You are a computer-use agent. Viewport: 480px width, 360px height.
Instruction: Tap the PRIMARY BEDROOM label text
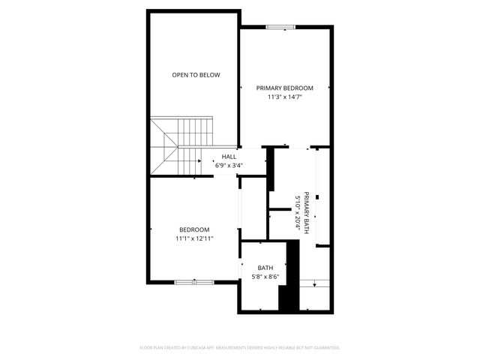(x=285, y=88)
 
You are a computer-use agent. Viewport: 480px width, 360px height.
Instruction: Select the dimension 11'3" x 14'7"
(x=285, y=97)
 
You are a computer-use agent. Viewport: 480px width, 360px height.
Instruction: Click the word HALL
(x=228, y=157)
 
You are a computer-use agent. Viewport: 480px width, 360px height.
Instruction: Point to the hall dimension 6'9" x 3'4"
(x=228, y=165)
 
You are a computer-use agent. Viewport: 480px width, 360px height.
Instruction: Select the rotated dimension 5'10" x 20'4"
(x=298, y=212)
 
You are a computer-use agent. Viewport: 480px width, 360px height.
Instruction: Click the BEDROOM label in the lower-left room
(x=194, y=229)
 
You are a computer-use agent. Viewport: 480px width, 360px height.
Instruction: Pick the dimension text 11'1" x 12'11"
(x=194, y=238)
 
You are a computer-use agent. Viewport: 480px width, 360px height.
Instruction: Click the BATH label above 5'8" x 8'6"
(x=265, y=268)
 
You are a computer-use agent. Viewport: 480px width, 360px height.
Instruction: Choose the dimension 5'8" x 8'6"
(x=265, y=276)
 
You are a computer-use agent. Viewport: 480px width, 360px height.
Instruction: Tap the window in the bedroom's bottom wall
(x=193, y=282)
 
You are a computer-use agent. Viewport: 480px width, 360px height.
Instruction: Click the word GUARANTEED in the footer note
(x=324, y=348)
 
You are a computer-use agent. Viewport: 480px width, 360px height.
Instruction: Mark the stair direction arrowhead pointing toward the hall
(x=202, y=160)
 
